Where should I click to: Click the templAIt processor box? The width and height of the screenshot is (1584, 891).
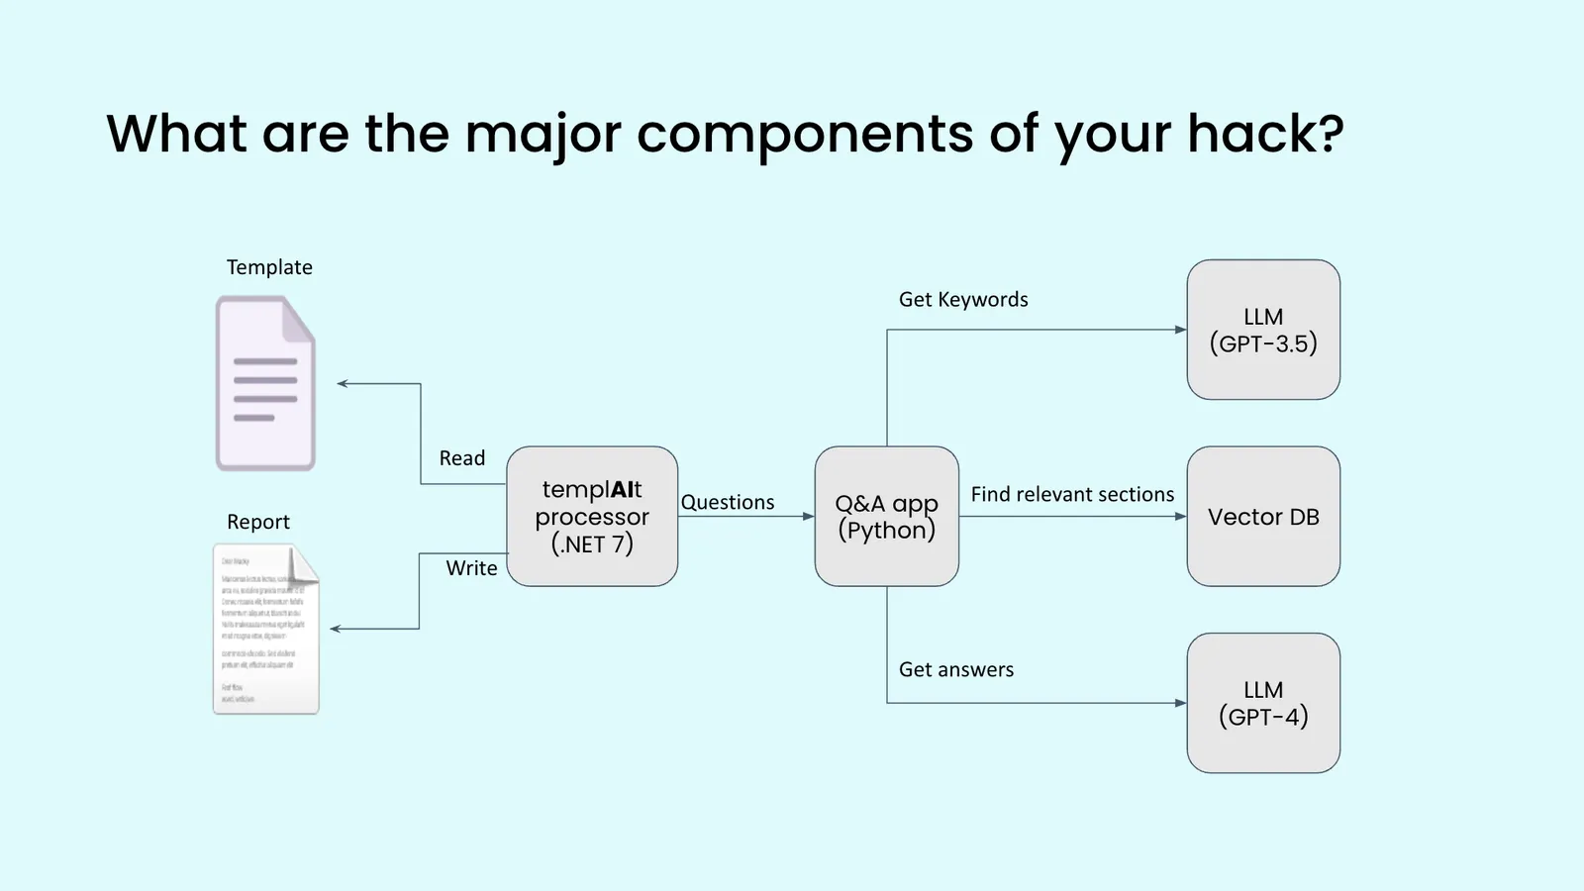[592, 516]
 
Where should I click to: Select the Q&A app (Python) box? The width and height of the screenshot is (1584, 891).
[886, 516]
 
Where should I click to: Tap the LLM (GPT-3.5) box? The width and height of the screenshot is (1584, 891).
[1263, 330]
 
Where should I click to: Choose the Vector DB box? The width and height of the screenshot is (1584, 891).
[1263, 516]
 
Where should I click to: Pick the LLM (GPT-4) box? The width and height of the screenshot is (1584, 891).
[1263, 703]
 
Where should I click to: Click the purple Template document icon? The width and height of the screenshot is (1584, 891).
[265, 383]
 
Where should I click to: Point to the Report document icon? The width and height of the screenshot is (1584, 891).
[265, 629]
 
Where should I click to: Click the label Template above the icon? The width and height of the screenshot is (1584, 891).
[269, 267]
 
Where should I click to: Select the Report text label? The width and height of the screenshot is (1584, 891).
[258, 522]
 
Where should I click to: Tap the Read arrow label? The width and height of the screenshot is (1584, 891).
[462, 458]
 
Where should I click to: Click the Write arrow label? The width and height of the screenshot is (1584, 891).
[471, 568]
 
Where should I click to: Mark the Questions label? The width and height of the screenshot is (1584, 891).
[728, 502]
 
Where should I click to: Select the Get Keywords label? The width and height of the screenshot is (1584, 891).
[963, 299]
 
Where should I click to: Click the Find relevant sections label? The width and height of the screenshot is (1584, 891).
[1072, 494]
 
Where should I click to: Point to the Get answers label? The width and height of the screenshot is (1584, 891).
[956, 669]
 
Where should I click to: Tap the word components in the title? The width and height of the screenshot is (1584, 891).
[805, 135]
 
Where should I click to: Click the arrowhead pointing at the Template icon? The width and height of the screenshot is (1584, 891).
[343, 383]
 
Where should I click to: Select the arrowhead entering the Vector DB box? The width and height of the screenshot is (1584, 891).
[1180, 516]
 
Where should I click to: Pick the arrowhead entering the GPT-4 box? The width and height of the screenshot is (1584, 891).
[1180, 703]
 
